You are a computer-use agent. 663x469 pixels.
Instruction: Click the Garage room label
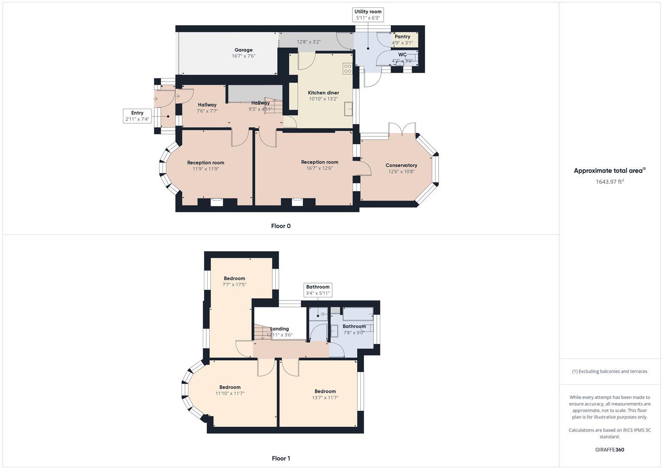(243, 50)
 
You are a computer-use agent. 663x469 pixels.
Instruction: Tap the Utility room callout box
(368, 15)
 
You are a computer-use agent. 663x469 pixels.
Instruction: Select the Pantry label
(402, 37)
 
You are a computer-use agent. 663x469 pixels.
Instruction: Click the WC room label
(402, 55)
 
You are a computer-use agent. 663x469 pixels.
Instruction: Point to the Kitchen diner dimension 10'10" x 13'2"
(323, 99)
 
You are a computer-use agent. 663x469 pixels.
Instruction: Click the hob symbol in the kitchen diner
(347, 69)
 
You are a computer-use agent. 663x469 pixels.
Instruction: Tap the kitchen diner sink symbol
(349, 109)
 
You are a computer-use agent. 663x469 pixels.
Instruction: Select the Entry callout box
(137, 116)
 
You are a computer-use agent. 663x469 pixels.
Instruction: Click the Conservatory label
(401, 165)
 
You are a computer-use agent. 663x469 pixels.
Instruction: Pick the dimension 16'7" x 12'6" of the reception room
(320, 168)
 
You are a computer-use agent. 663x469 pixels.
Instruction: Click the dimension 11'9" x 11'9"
(205, 169)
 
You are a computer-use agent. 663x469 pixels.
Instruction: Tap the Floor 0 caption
(280, 226)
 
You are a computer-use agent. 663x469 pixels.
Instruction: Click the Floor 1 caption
(280, 458)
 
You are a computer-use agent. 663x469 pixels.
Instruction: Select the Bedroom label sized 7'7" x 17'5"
(234, 278)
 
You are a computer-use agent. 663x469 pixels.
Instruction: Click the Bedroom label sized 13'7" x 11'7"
(325, 391)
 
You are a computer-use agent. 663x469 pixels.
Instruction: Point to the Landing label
(279, 329)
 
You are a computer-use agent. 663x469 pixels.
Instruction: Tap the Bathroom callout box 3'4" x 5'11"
(318, 290)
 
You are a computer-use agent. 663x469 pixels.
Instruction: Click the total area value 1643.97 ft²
(610, 182)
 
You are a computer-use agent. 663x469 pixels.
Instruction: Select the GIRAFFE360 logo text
(610, 449)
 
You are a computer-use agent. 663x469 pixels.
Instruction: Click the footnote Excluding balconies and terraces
(610, 371)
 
